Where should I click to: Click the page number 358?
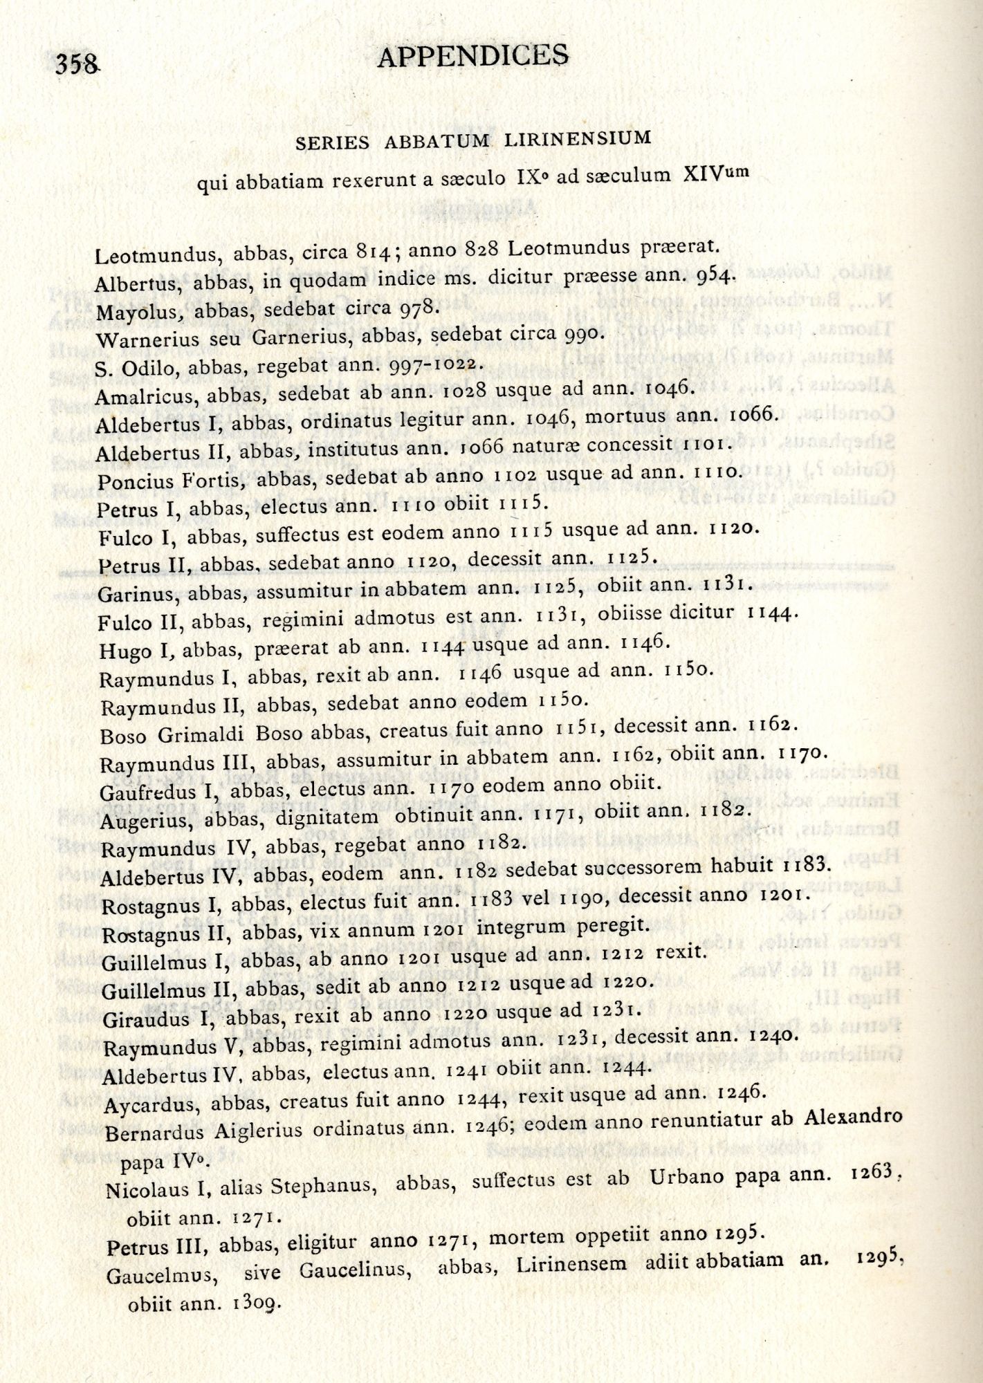77,64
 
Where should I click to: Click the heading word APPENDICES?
473,55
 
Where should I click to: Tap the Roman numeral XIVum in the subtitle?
715,173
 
